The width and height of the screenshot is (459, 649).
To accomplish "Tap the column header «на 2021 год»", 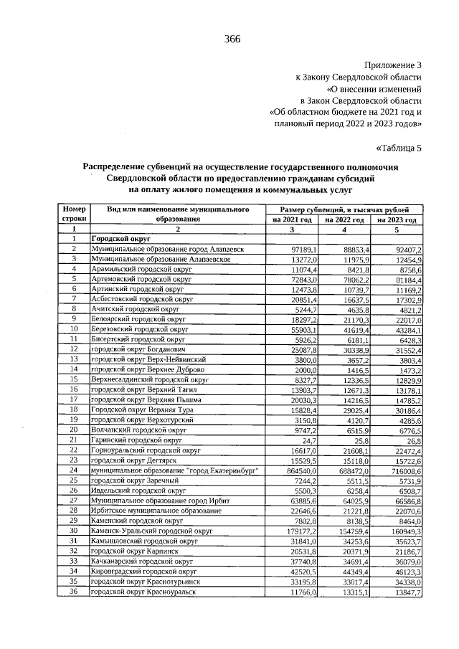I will point(292,219).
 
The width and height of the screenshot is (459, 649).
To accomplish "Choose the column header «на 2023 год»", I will point(397,219).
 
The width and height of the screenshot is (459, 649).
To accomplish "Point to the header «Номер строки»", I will point(74,213).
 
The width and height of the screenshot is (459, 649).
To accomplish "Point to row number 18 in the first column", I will point(74,409).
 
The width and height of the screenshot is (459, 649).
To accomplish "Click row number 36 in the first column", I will point(74,592).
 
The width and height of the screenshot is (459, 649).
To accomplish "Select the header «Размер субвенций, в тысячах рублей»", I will point(344,209).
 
